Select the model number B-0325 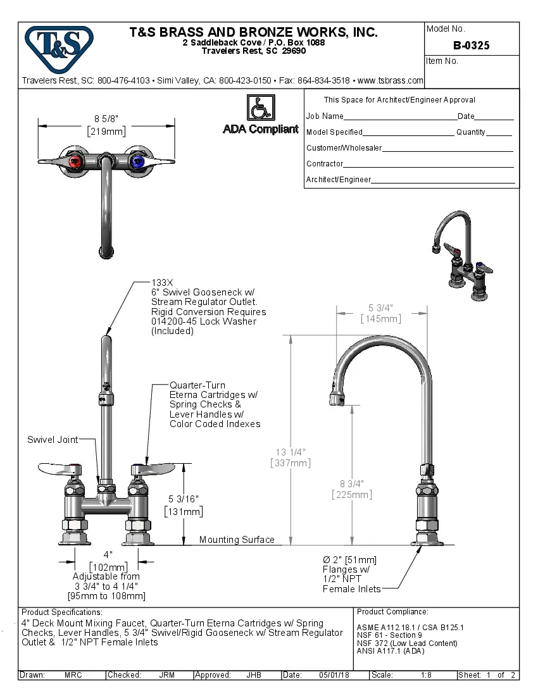(x=471, y=46)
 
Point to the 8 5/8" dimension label (x=106, y=118)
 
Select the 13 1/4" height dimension (x=291, y=452)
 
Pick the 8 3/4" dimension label (x=352, y=483)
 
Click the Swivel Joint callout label (x=53, y=440)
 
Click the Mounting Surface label (x=237, y=540)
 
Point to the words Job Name (x=325, y=116)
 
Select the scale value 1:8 (x=427, y=675)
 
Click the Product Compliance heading (x=392, y=612)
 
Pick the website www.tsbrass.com (x=390, y=81)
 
